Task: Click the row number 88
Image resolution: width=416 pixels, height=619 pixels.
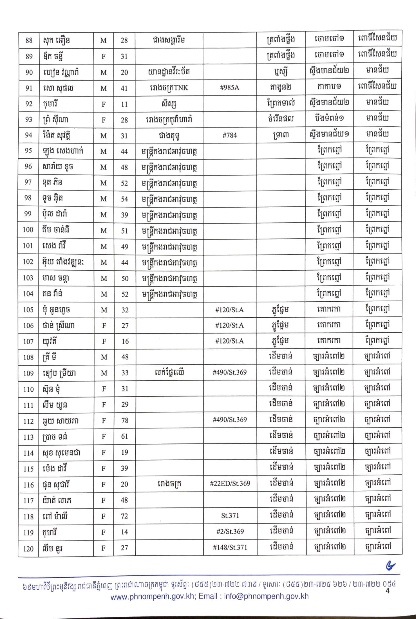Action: (29, 40)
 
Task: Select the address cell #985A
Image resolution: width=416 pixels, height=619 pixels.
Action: (230, 88)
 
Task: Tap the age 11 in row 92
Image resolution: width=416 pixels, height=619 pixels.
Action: (124, 104)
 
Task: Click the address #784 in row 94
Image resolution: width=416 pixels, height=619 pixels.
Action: (230, 135)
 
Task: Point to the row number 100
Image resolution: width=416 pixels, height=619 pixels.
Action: (28, 230)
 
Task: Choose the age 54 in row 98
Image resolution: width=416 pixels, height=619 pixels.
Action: (124, 199)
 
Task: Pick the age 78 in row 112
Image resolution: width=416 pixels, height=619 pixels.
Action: (124, 420)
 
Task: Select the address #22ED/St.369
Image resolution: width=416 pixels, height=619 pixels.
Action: (230, 483)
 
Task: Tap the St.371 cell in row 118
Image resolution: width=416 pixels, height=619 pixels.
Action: (230, 515)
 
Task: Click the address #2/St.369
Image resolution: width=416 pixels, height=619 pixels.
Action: (230, 531)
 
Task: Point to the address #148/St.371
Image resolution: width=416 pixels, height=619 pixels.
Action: (230, 547)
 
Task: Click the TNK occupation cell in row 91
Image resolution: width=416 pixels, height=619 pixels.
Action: (169, 88)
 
